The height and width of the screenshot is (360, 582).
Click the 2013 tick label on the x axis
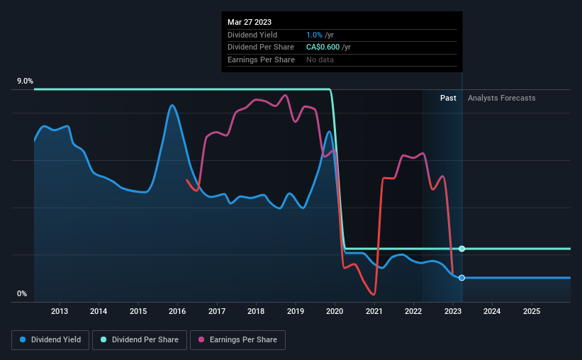point(60,311)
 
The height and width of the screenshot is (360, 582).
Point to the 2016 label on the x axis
point(178,311)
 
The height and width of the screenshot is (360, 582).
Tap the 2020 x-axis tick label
point(335,311)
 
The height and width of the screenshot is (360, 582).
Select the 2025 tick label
point(532,311)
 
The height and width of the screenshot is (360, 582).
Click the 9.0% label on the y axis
point(25,81)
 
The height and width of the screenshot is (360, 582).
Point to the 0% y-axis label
point(21,293)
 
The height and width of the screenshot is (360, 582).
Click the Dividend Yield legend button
point(52,340)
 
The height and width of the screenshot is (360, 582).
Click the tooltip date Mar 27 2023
point(250,22)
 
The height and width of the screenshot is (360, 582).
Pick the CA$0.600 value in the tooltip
point(318,47)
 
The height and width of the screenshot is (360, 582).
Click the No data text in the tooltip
point(320,60)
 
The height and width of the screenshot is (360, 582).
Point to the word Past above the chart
point(448,98)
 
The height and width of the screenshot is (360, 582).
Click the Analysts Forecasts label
point(502,98)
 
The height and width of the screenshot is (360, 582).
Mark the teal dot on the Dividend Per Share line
point(461,249)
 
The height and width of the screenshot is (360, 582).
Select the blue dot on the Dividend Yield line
point(461,278)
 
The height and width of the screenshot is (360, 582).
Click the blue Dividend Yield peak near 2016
point(172,106)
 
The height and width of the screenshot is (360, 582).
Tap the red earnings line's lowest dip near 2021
point(373,294)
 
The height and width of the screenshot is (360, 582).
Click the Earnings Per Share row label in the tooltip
point(261,60)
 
